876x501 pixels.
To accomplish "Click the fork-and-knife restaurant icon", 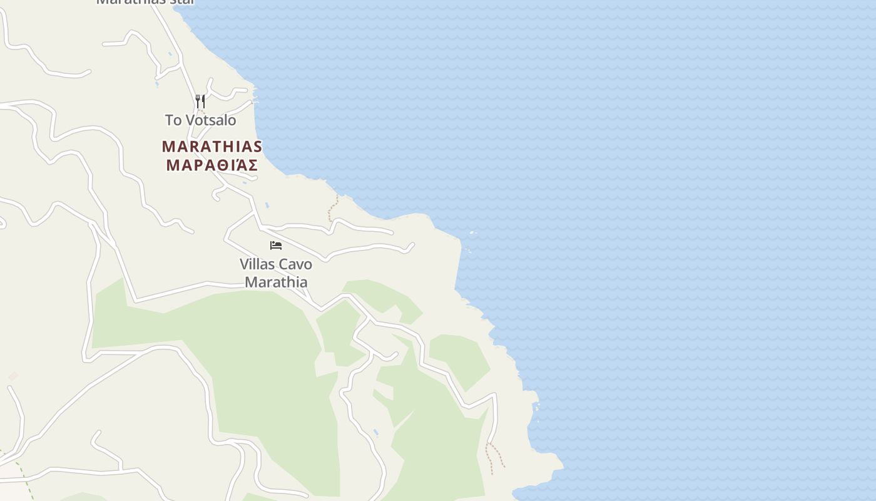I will tap(200, 101).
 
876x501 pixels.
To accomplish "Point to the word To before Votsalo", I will tap(173, 120).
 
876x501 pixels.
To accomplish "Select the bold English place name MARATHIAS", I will tap(212, 147).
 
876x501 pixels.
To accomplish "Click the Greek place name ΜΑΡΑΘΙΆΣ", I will tap(212, 165).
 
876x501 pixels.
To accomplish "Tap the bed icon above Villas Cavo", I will tap(276, 245).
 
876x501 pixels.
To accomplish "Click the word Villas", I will tap(257, 264).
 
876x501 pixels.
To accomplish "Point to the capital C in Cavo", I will tap(283, 264).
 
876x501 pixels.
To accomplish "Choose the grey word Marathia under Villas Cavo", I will tap(276, 282).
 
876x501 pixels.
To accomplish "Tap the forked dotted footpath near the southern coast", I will tap(494, 456).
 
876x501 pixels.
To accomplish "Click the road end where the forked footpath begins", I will tap(492, 441).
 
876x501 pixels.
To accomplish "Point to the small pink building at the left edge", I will tap(13, 376).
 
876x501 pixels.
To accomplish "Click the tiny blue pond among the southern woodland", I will tap(375, 433).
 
